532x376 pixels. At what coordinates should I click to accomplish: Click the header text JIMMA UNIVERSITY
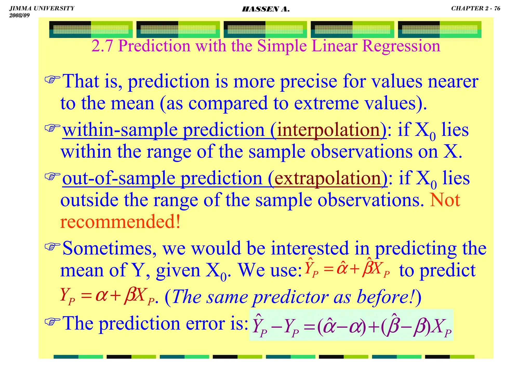[42, 8]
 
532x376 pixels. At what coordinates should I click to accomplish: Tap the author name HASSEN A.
[265, 9]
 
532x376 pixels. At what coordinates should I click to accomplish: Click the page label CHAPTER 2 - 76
[475, 8]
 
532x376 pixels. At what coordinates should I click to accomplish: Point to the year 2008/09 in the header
[19, 15]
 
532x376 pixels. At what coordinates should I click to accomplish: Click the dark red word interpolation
[329, 130]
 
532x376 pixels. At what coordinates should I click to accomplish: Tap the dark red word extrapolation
[328, 178]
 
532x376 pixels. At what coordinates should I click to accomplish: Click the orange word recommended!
[120, 222]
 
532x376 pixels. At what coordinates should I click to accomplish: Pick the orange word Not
[445, 200]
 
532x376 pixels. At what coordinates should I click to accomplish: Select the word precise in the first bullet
[309, 82]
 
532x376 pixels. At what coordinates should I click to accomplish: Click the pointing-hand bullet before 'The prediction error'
[52, 321]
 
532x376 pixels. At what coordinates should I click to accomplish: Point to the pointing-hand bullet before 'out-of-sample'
[52, 177]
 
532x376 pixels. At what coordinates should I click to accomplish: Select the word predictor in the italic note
[291, 297]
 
